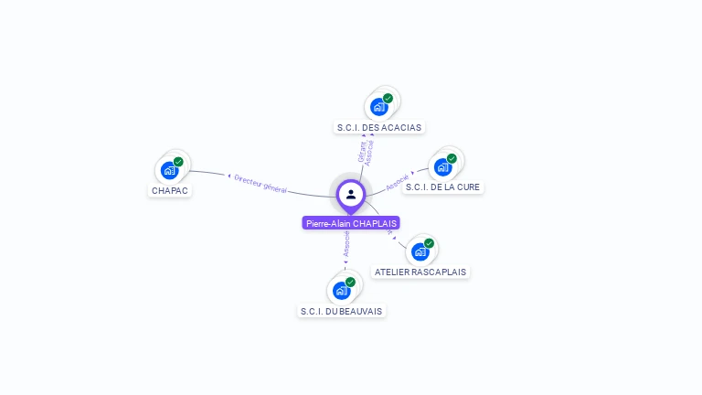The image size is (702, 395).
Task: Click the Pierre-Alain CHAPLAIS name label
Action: pos(351,223)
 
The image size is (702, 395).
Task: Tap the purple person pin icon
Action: pos(351,195)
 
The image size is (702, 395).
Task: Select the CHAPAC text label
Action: pos(170,190)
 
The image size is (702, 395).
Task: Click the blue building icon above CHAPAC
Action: pos(169,170)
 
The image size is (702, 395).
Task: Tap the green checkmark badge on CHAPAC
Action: pos(178,162)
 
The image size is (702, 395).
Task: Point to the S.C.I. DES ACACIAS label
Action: pos(378,127)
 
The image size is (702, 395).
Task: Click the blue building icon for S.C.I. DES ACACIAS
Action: pos(378,107)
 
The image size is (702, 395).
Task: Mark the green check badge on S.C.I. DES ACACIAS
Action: pos(388,99)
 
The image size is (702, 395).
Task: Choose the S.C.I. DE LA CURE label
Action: pos(442,187)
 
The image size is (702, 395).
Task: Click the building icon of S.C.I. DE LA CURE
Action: pos(442,166)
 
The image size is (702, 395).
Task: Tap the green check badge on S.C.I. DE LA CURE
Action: pos(452,158)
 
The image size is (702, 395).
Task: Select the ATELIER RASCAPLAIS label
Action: pos(420,272)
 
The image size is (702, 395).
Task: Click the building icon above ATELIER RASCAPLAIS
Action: pos(420,251)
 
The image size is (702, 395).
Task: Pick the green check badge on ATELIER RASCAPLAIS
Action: pos(429,243)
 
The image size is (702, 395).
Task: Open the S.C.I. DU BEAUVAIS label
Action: pos(342,311)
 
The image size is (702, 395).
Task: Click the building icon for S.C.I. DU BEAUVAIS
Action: pos(341,291)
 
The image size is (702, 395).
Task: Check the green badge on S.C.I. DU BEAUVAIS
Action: pos(350,283)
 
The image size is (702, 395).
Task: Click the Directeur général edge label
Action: pos(261,184)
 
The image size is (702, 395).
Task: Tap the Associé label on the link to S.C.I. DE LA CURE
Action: pos(397,182)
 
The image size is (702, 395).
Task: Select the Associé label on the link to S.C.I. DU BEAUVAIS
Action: pos(346,242)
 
